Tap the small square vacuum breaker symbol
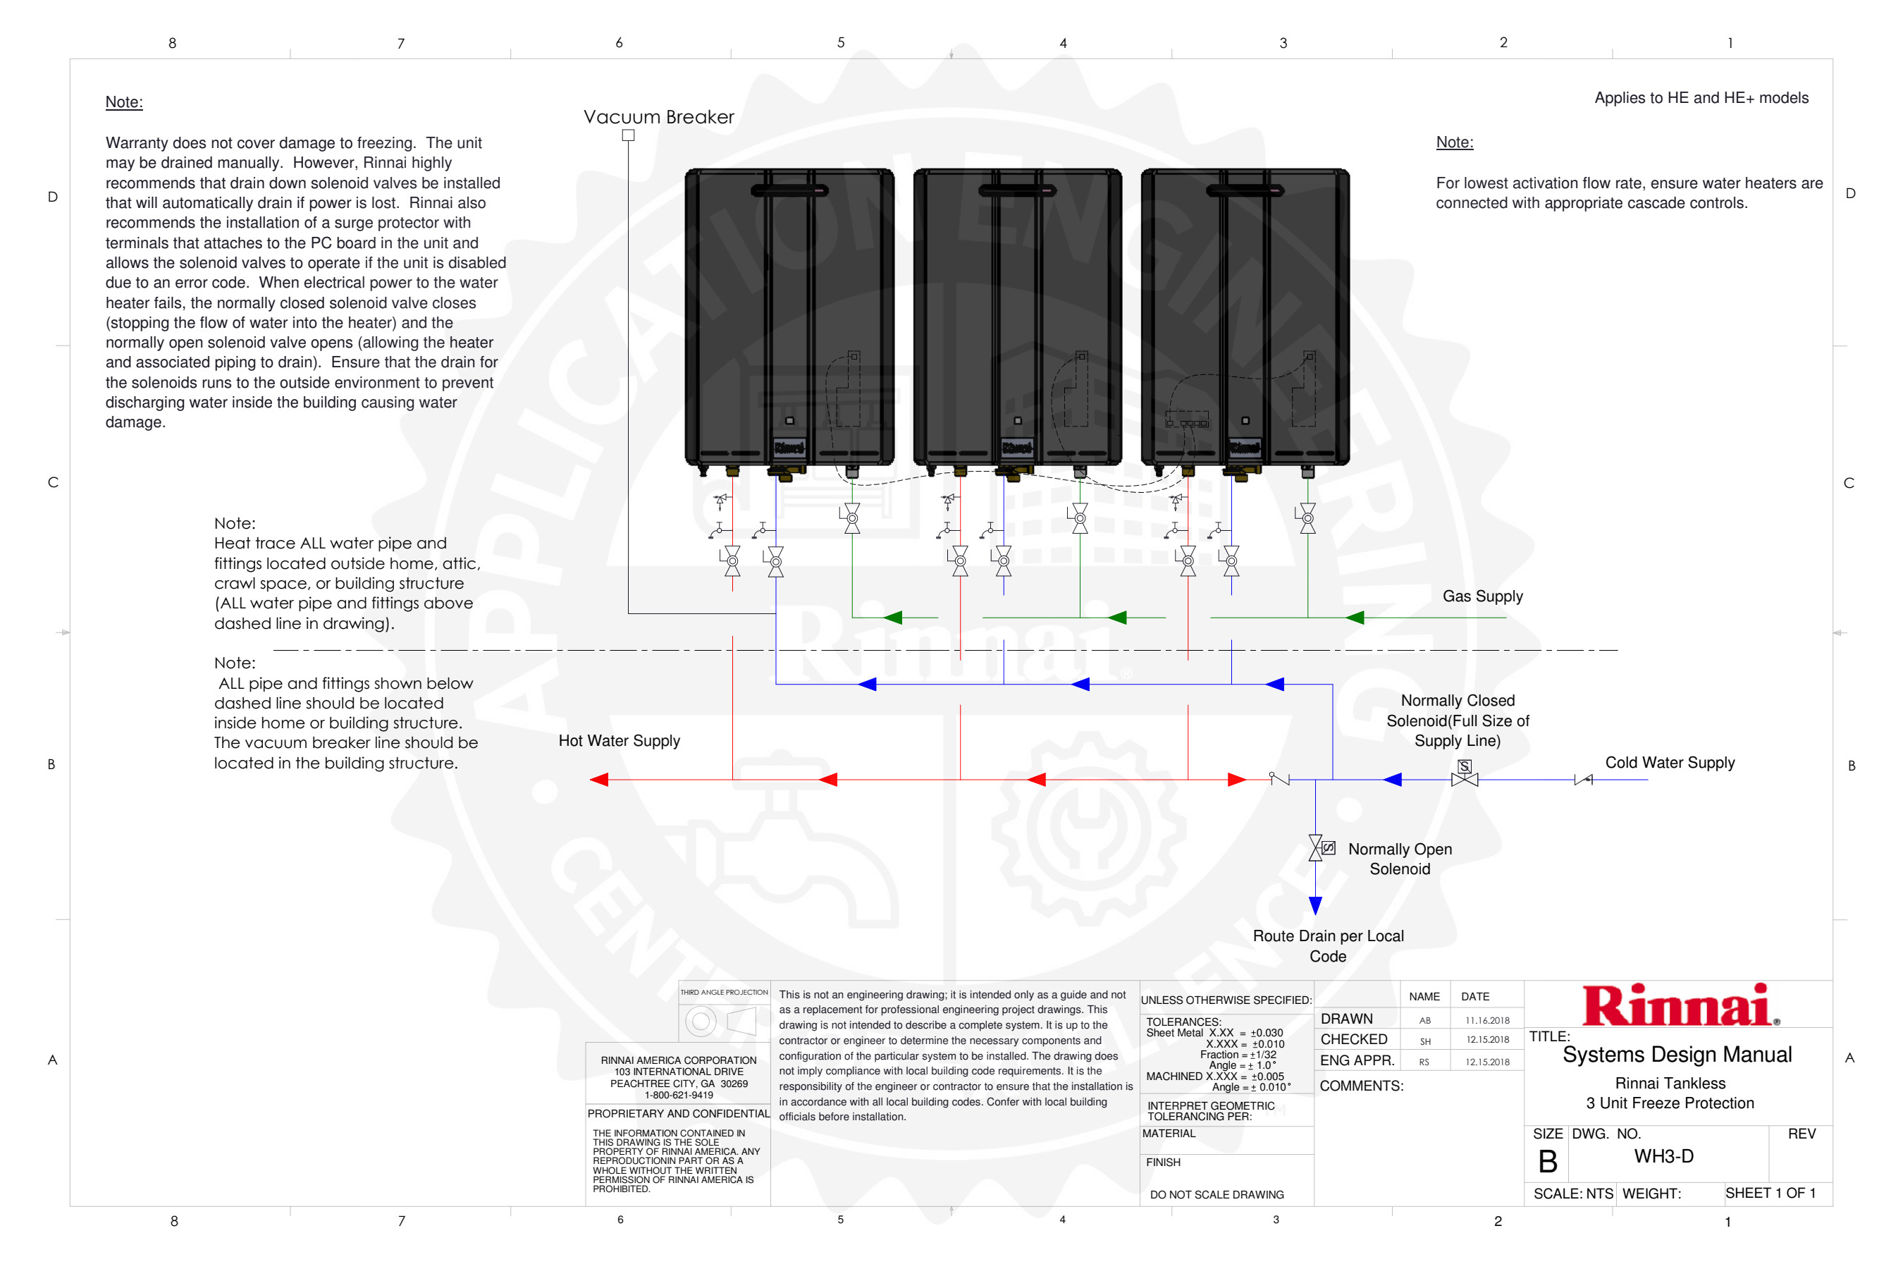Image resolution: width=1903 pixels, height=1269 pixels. (628, 135)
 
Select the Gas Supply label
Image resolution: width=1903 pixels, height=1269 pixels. (1482, 596)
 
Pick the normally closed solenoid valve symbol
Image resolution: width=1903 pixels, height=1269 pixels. (1465, 775)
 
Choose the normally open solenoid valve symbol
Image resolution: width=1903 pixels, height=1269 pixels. (1317, 848)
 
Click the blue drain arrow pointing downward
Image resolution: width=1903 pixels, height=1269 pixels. (1316, 905)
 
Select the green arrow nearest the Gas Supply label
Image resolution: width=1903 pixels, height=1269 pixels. (1355, 618)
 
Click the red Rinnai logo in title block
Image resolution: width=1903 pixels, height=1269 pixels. (1678, 1006)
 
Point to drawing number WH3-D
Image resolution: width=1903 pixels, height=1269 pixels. (1663, 1155)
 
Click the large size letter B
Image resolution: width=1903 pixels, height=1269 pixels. (1547, 1161)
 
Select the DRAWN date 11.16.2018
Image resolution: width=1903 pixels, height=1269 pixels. (1487, 1021)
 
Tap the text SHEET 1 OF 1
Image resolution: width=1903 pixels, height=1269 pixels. (1770, 1193)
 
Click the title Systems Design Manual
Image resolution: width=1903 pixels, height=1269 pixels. (1677, 1055)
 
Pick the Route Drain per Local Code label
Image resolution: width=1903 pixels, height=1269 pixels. (1328, 946)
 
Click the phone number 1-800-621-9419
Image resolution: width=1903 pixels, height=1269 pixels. (679, 1095)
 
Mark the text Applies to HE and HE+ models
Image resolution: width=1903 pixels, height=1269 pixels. (1701, 98)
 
